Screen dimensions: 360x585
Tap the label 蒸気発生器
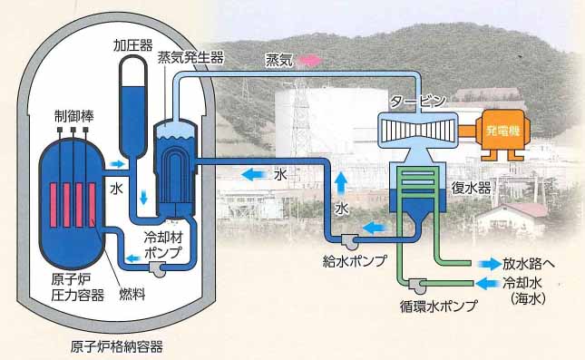(x=190, y=57)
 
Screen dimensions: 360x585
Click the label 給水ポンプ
(x=356, y=260)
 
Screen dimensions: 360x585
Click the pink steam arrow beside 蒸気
(x=312, y=59)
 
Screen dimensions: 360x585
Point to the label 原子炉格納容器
(x=122, y=345)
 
